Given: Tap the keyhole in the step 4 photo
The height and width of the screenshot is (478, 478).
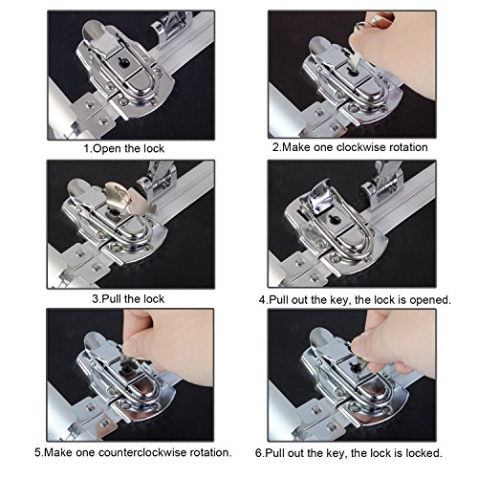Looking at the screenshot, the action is pyautogui.click(x=335, y=220).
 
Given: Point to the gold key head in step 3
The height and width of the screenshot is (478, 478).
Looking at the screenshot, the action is pyautogui.click(x=118, y=195).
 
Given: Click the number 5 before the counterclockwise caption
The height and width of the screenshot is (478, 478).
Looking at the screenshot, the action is pyautogui.click(x=37, y=452).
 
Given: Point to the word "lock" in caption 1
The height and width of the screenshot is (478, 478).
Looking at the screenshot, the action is pyautogui.click(x=154, y=148).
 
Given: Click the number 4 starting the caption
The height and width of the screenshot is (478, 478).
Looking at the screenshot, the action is pyautogui.click(x=262, y=300).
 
